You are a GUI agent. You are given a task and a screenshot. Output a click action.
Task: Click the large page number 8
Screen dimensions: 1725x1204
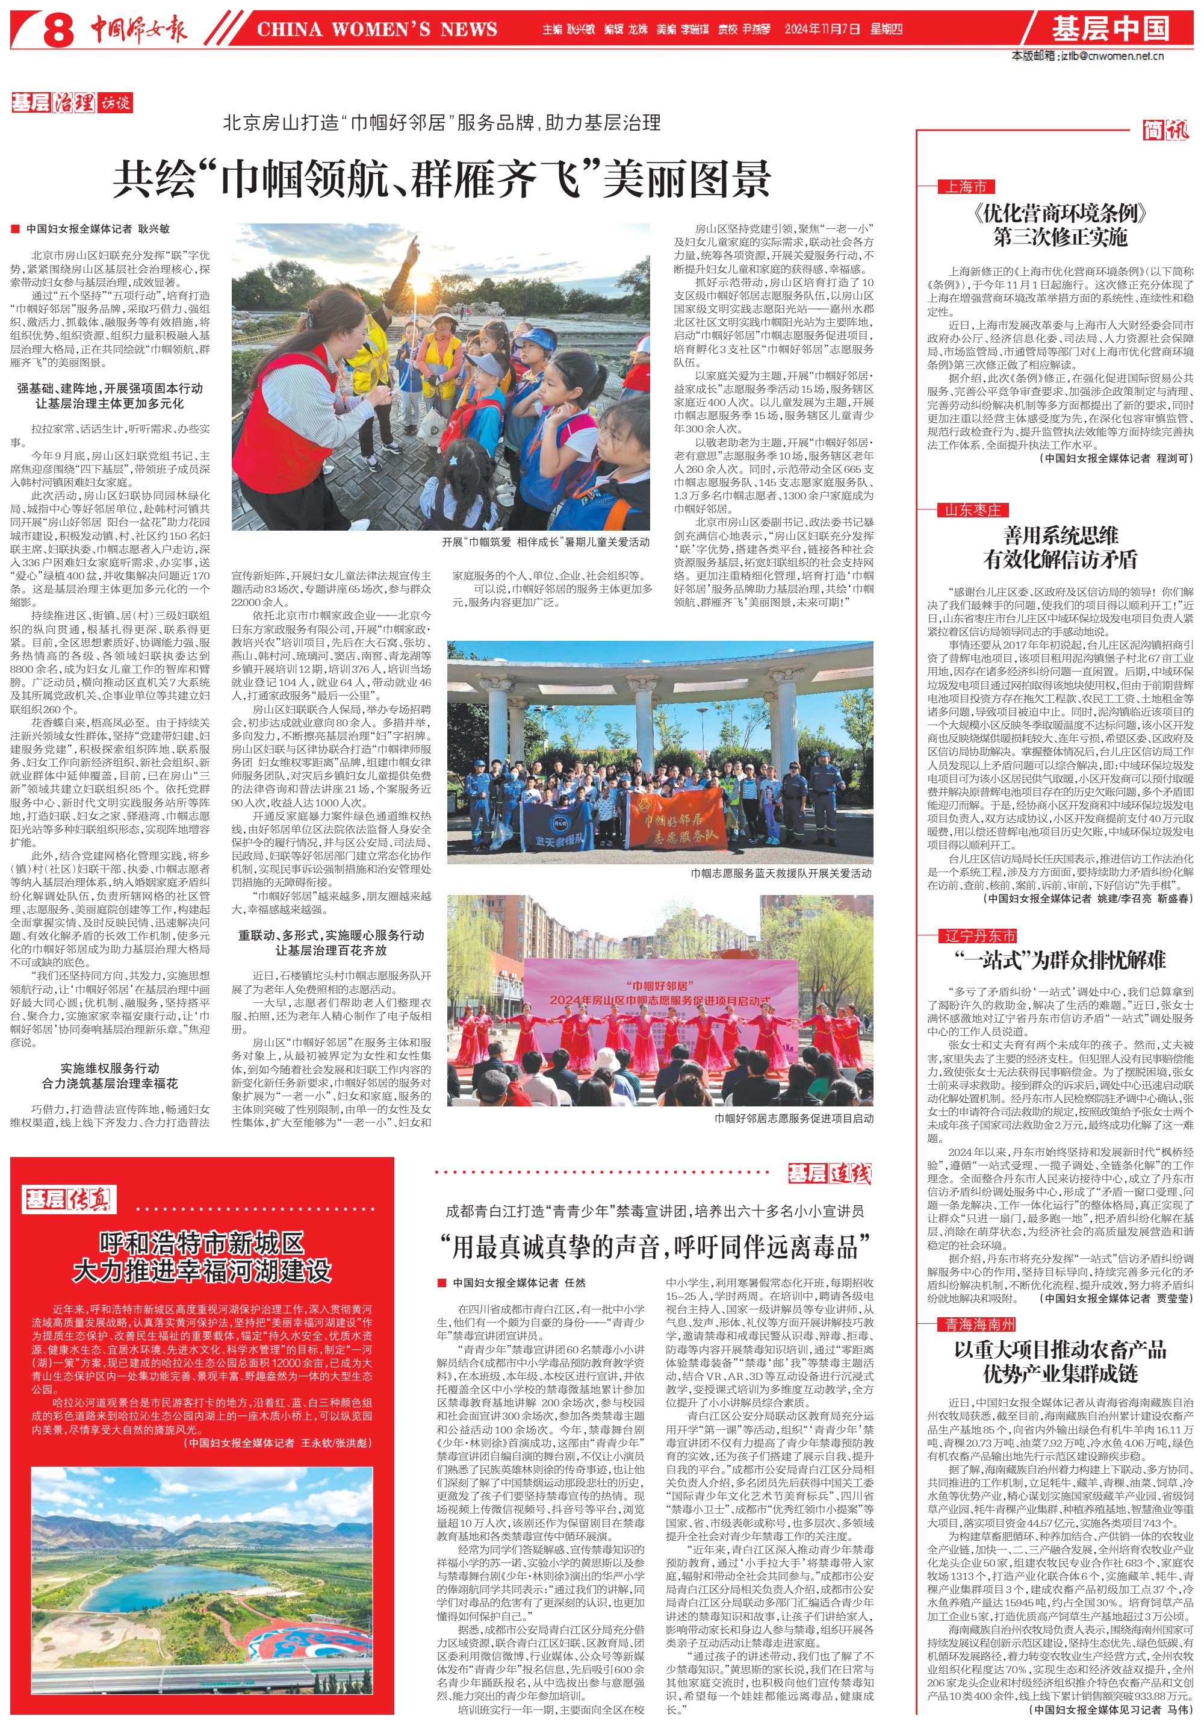pyautogui.click(x=58, y=30)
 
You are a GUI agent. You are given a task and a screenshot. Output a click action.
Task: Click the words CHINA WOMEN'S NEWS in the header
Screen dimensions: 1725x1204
pyautogui.click(x=376, y=30)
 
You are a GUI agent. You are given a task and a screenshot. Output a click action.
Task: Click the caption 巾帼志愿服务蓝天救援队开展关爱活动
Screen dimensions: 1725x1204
pyautogui.click(x=781, y=873)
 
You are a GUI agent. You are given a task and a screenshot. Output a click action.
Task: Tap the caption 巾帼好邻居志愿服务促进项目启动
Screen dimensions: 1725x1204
pyautogui.click(x=794, y=1118)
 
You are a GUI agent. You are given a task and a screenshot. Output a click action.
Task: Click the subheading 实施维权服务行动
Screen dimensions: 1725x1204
pyautogui.click(x=110, y=1068)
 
